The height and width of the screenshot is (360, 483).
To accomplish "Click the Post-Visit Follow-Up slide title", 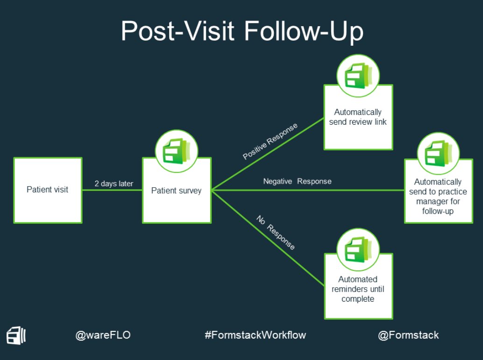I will (242, 32).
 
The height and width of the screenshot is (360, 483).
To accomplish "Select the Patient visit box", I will (48, 190).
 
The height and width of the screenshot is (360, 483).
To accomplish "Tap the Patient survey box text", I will (176, 191).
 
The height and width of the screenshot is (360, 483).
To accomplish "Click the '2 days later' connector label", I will (114, 184).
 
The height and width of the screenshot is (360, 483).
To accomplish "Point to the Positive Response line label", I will (270, 141).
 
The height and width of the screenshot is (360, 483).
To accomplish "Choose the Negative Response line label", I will (297, 181).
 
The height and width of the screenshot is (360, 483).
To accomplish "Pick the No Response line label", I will (276, 232).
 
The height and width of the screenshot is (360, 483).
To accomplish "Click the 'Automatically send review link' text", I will (358, 117).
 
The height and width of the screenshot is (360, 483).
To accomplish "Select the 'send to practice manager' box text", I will (438, 196).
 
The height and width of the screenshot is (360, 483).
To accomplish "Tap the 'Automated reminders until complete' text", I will (358, 289).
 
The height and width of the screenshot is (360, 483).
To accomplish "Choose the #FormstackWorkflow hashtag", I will (255, 335).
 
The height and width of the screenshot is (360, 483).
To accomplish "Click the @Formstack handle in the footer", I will (408, 335).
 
